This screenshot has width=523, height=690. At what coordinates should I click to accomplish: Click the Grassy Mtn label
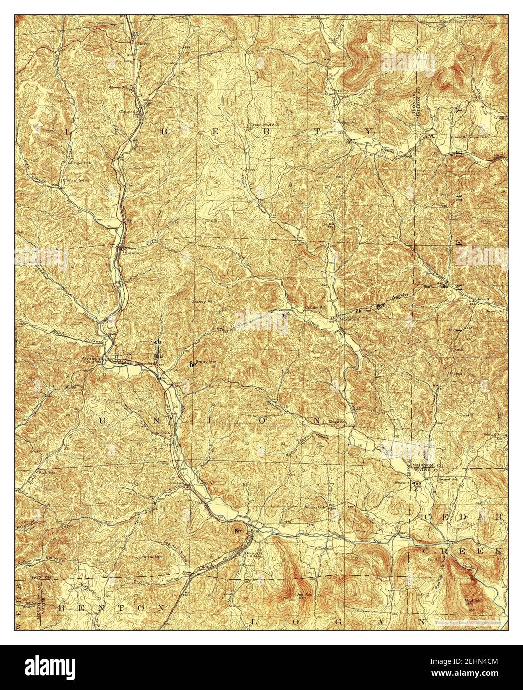coord(203,302)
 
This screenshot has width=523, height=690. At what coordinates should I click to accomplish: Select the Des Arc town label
coord(249,554)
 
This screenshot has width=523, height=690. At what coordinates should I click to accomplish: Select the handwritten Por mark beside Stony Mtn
coord(191,364)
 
